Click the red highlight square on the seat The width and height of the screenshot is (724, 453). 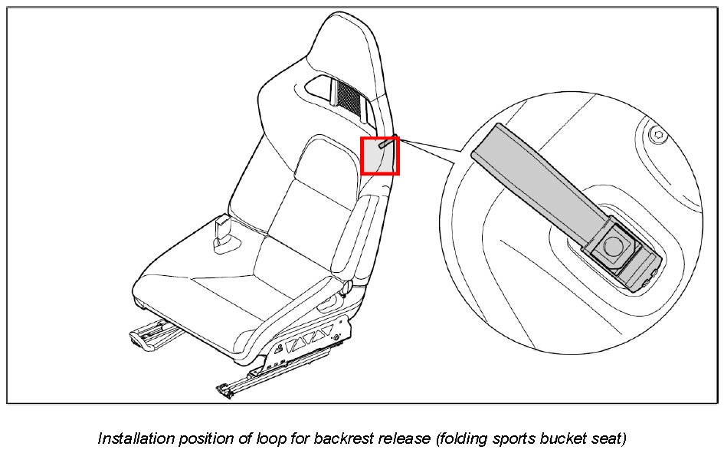pyautogui.click(x=380, y=156)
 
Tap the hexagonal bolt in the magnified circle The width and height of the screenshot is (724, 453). pyautogui.click(x=657, y=136)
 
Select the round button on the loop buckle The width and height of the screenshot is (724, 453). pyautogui.click(x=613, y=245)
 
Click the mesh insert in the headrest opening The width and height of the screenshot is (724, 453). pyautogui.click(x=349, y=96)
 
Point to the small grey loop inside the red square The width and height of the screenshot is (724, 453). pyautogui.click(x=387, y=143)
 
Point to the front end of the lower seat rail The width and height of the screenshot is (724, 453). pyautogui.click(x=224, y=391)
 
